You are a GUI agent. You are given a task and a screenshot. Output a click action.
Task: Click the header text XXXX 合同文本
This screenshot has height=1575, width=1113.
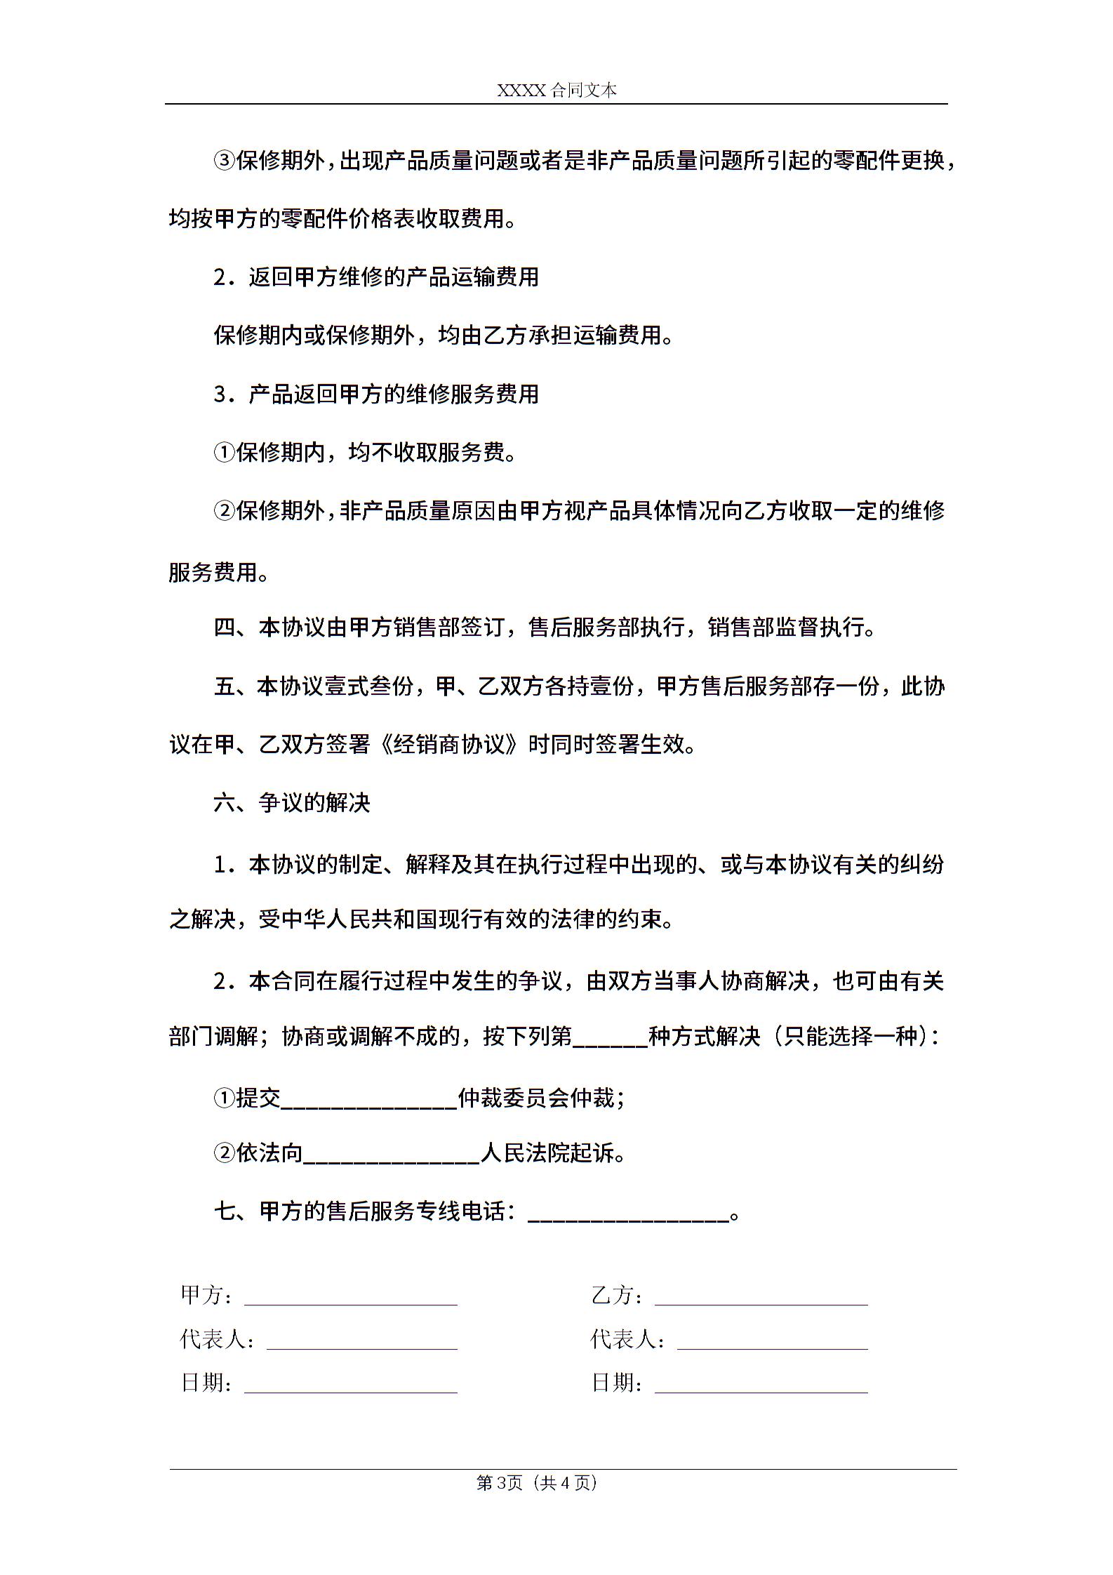coord(556,90)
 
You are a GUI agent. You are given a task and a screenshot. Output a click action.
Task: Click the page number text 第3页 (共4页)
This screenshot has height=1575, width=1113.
coord(537,1482)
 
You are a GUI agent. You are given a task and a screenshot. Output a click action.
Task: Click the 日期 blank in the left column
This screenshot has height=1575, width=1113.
coord(351,1385)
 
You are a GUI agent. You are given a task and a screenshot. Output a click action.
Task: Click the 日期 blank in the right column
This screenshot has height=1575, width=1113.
coord(761,1385)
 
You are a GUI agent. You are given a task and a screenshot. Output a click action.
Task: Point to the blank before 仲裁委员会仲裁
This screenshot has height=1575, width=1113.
coord(369,1100)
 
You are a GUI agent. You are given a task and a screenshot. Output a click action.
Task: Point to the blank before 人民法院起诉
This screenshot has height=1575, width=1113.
coord(392,1155)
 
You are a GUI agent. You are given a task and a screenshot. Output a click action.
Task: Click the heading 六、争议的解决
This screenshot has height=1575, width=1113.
coord(292,802)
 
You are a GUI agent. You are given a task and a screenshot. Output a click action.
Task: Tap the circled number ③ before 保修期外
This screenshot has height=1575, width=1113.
coord(223,161)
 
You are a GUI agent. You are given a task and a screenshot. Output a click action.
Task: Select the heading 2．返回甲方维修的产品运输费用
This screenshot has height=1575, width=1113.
coord(376,277)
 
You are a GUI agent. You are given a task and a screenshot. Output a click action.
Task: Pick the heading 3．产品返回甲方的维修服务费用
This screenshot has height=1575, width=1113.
coord(376,394)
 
